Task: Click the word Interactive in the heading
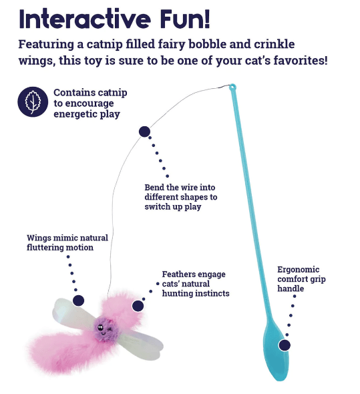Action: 85,19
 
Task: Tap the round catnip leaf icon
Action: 33,102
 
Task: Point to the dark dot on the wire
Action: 144,132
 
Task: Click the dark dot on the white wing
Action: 78,301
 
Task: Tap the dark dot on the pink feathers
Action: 138,306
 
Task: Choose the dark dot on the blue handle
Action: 285,345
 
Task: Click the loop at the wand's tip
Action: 232,87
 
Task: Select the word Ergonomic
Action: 298,270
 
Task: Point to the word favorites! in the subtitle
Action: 301,60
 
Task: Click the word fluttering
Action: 43,248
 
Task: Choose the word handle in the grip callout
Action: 291,288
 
